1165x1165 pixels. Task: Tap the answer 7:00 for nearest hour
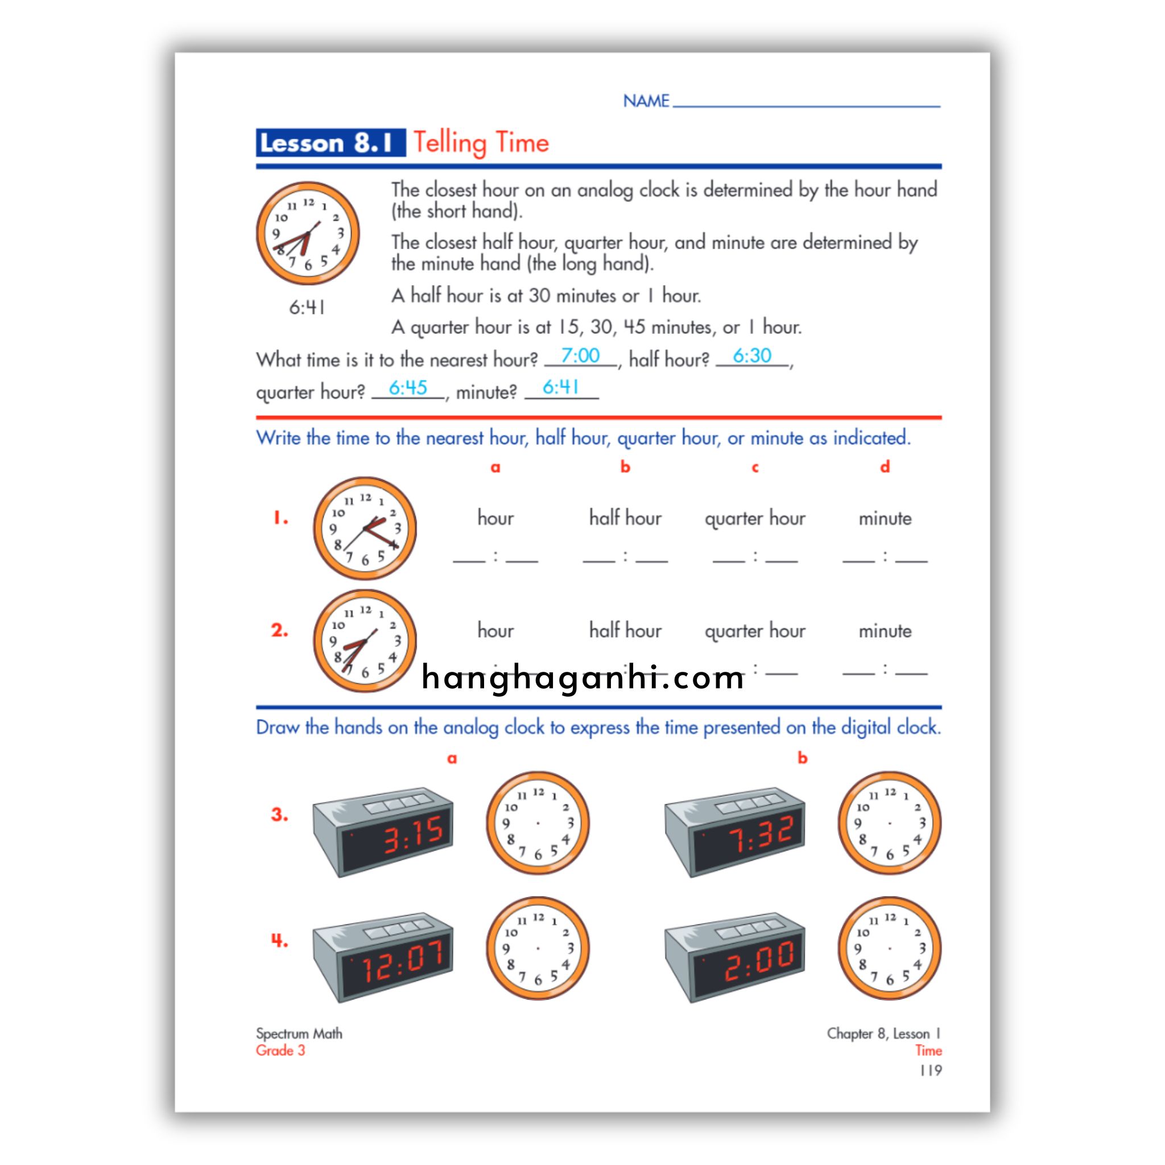(580, 356)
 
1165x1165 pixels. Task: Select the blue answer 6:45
(408, 388)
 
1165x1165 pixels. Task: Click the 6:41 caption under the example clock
(307, 308)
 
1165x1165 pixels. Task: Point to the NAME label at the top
(646, 101)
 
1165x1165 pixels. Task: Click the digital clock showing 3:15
(383, 832)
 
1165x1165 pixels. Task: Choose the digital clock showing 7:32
(734, 832)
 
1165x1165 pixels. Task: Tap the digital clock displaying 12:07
(383, 957)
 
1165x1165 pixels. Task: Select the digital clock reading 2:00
(734, 957)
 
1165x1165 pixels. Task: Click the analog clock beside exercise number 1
(365, 528)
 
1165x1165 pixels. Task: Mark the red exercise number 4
(279, 941)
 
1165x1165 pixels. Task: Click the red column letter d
(885, 466)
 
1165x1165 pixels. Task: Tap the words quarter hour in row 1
(755, 519)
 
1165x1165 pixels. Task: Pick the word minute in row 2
(885, 631)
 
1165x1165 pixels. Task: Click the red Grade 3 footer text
(280, 1051)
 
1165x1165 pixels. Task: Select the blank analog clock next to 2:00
(890, 948)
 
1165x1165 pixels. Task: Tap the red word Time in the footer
(928, 1051)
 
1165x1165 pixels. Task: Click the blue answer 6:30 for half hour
(752, 356)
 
